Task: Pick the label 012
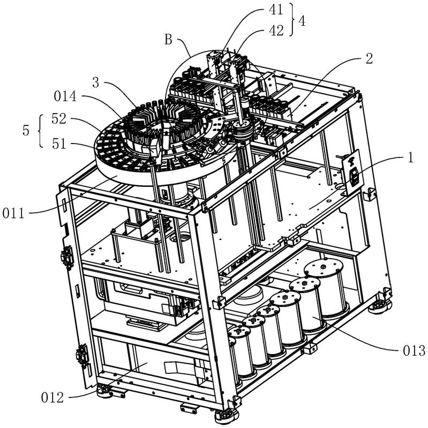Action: pyautogui.click(x=55, y=397)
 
